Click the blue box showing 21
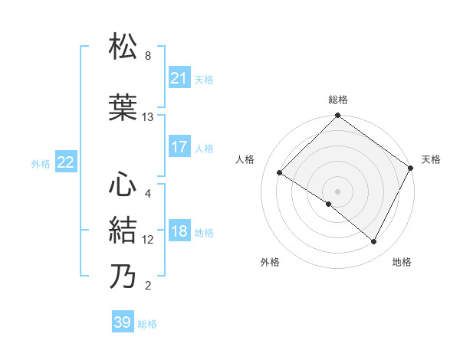[179, 78]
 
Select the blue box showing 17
[179, 147]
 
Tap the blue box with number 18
[179, 232]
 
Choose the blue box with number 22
[65, 162]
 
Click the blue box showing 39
[122, 322]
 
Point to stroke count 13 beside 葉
[148, 117]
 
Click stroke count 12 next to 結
[148, 240]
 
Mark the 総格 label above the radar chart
[337, 100]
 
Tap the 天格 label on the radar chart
[431, 159]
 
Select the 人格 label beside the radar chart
[245, 159]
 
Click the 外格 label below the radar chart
[270, 262]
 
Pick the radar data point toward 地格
[374, 242]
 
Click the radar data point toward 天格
[410, 168]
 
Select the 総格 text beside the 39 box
[147, 324]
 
